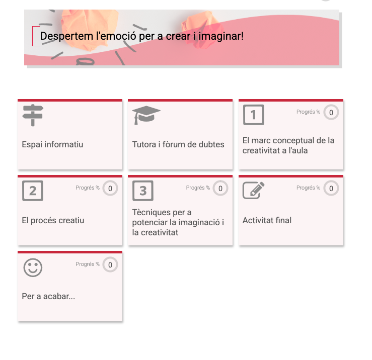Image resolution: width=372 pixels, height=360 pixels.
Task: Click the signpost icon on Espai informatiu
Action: coord(33,115)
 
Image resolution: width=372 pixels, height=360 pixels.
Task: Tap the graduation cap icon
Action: coord(146,115)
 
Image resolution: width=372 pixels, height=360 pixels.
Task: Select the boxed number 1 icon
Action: coord(254,115)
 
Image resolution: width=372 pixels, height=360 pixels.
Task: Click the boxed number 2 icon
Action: coord(33,191)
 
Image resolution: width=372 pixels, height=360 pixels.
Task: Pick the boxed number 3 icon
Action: coord(143,191)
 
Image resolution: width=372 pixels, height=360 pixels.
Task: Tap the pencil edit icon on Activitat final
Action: coord(254,191)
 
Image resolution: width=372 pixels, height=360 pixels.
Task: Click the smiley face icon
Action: coord(33,267)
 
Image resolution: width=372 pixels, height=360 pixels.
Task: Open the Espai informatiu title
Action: coord(52,144)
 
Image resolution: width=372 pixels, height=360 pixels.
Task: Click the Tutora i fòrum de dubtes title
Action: coord(178,144)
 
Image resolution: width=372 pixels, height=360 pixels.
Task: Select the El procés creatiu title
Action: coord(53,220)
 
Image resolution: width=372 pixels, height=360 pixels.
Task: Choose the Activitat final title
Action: coord(267,220)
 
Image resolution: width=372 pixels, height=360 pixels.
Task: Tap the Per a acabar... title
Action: coord(48,296)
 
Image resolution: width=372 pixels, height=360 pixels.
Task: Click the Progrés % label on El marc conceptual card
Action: coord(308,112)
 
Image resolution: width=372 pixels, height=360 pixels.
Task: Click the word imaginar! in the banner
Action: coord(221,36)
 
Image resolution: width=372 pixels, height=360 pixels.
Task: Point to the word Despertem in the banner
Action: coord(66,36)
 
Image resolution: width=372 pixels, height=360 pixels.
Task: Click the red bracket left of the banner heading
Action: coord(33,36)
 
